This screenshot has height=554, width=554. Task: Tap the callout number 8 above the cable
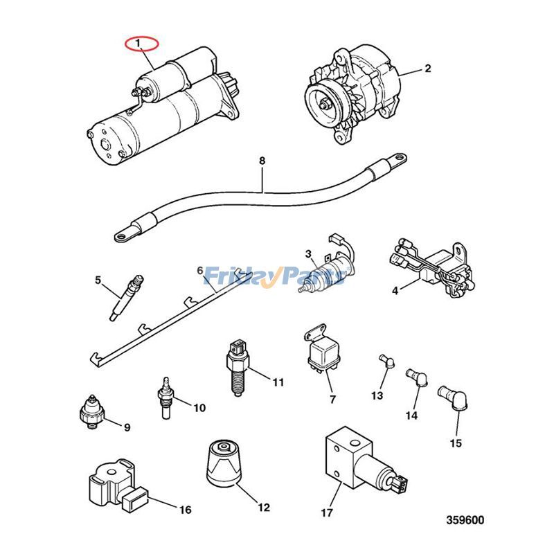pos(262,162)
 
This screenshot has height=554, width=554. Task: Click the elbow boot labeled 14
pos(418,375)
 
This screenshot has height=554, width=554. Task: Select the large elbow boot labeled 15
pos(454,398)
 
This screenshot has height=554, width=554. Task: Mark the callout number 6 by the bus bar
pos(200,271)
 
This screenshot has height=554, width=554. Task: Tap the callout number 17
pos(327,513)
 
